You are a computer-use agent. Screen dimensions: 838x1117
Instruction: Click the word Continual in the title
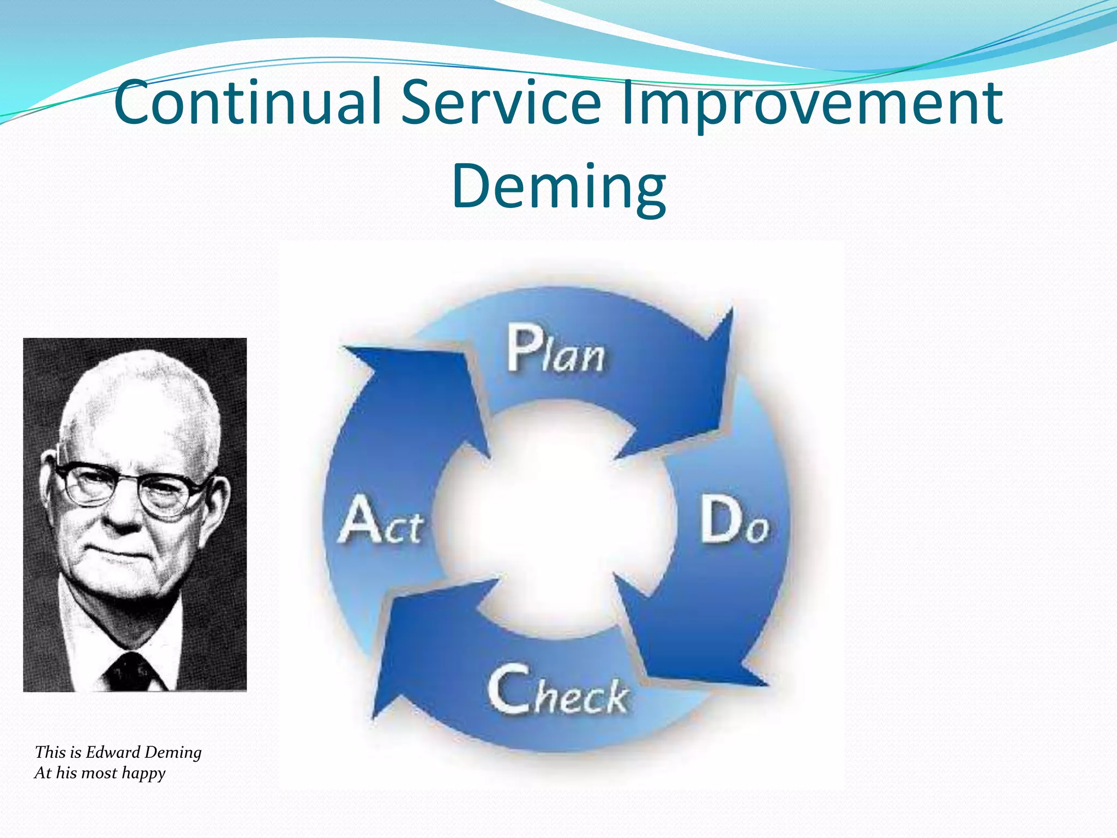(x=248, y=103)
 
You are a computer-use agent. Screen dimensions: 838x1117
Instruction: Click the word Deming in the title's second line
(x=558, y=187)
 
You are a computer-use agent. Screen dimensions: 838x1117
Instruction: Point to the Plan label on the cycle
(x=555, y=349)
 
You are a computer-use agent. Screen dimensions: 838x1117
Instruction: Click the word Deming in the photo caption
(x=173, y=753)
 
